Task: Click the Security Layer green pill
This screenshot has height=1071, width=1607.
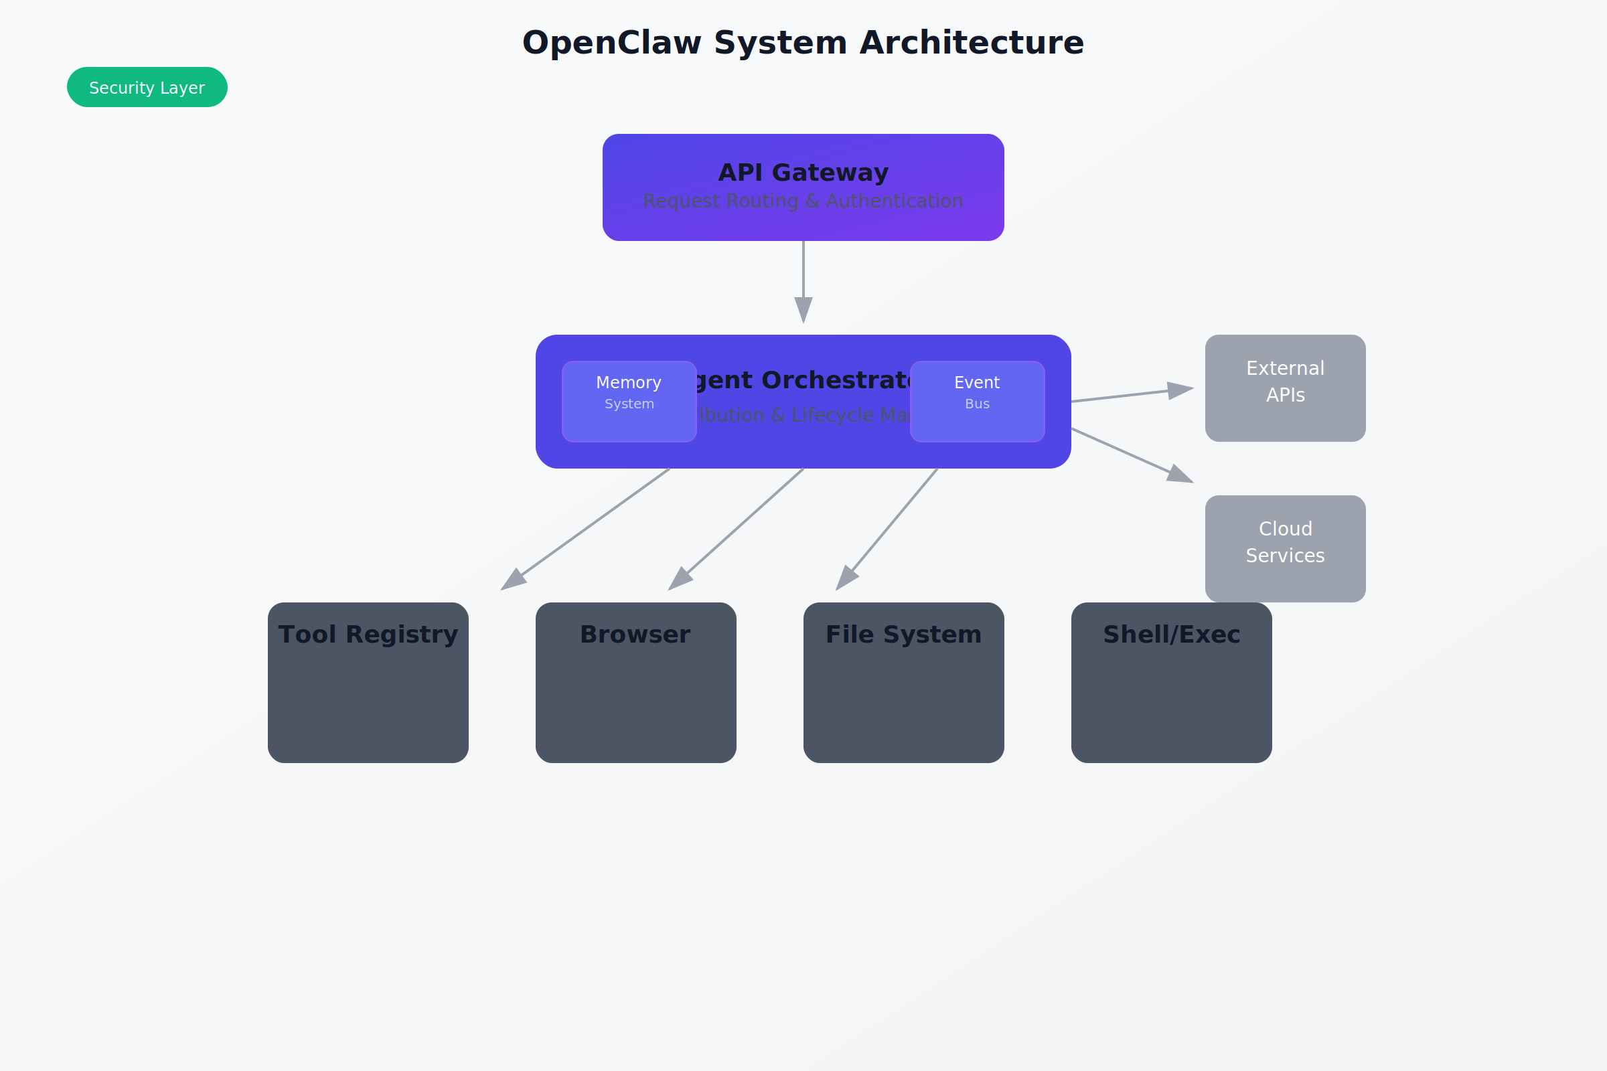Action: pyautogui.click(x=147, y=88)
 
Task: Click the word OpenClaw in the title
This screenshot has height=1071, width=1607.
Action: pyautogui.click(x=611, y=42)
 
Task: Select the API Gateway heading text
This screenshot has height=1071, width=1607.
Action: pyautogui.click(x=803, y=172)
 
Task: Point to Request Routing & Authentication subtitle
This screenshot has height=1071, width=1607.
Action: pyautogui.click(x=803, y=201)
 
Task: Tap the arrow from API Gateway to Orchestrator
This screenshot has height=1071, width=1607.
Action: pyautogui.click(x=803, y=280)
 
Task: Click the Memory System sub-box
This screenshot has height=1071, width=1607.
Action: pyautogui.click(x=629, y=402)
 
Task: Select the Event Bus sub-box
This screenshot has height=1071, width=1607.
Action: pyautogui.click(x=977, y=402)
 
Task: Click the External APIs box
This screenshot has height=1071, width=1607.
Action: pyautogui.click(x=1285, y=388)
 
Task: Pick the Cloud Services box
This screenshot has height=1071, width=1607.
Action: pyautogui.click(x=1285, y=548)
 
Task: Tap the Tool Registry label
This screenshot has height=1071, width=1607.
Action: pyautogui.click(x=368, y=635)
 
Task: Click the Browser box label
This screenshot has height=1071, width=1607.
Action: pyautogui.click(x=635, y=635)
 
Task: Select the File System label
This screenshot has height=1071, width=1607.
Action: pyautogui.click(x=903, y=635)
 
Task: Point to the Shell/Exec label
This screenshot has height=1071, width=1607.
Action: pyautogui.click(x=1171, y=635)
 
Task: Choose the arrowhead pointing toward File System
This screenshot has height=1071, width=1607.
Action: pyautogui.click(x=846, y=578)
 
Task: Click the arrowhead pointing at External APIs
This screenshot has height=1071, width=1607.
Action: pyautogui.click(x=1180, y=390)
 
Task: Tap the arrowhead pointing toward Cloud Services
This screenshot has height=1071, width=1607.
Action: pyautogui.click(x=1180, y=475)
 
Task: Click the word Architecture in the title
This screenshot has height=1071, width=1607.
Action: pyautogui.click(x=972, y=42)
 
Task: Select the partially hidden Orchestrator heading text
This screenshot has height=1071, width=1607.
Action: pyautogui.click(x=803, y=380)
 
